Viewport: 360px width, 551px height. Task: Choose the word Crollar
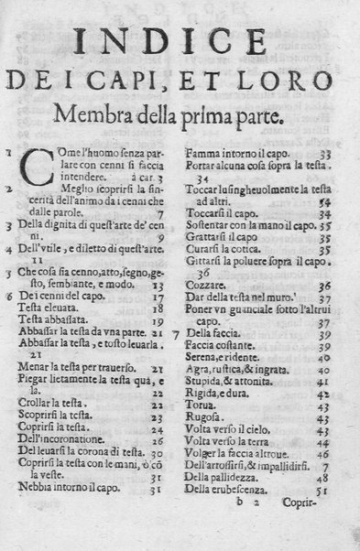tap(33, 401)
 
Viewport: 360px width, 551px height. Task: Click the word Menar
tap(34, 369)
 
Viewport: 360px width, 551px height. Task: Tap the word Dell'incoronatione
tap(60, 440)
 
